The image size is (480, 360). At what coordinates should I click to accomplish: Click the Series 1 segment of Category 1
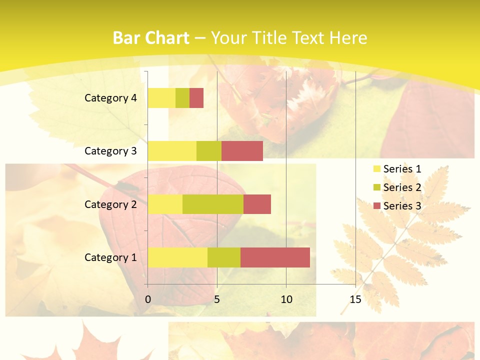[x=177, y=257]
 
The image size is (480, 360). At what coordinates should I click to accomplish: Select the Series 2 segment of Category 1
[x=224, y=257]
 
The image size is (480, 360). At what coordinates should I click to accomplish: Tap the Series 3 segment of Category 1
[x=275, y=257]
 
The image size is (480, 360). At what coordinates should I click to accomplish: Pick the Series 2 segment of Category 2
[x=213, y=204]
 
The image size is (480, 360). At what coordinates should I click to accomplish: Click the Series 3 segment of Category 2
[x=257, y=204]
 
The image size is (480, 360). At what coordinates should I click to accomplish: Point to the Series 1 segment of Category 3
[x=172, y=151]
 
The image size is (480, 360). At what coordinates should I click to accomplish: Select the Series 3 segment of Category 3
[x=242, y=151]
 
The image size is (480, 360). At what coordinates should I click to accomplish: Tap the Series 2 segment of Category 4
[x=182, y=98]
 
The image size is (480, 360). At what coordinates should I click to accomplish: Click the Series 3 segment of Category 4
[x=196, y=98]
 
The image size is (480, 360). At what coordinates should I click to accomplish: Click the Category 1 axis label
[x=110, y=257]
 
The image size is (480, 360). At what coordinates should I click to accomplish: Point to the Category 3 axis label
[x=110, y=151]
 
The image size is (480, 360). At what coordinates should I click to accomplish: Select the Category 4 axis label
[x=110, y=98]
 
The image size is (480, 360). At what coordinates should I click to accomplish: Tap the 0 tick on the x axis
[x=148, y=299]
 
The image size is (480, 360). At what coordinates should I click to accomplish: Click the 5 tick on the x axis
[x=217, y=299]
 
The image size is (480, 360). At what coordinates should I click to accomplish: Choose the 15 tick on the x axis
[x=355, y=299]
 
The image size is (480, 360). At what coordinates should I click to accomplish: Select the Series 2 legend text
[x=402, y=187]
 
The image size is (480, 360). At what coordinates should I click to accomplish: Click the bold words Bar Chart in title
[x=151, y=38]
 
